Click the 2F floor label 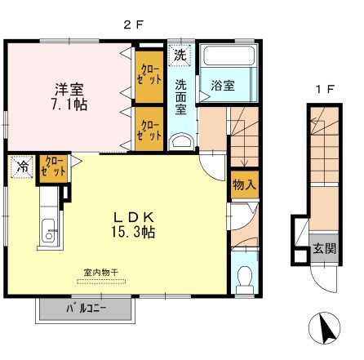point(133,25)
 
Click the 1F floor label point(325,89)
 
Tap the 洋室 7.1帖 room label point(69,96)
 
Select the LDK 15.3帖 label point(133,224)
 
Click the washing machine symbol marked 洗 point(180,55)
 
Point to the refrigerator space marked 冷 point(22,167)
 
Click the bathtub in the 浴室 point(229,56)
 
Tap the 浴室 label point(223,86)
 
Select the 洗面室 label point(180,97)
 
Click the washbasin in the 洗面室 point(181,142)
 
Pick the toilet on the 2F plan point(245,279)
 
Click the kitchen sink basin point(49,231)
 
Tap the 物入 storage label point(244,185)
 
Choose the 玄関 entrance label point(324,248)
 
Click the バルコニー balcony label point(87,309)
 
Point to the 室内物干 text point(100,272)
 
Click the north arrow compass point(325,327)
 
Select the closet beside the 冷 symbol point(53,169)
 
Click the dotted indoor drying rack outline point(101,282)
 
